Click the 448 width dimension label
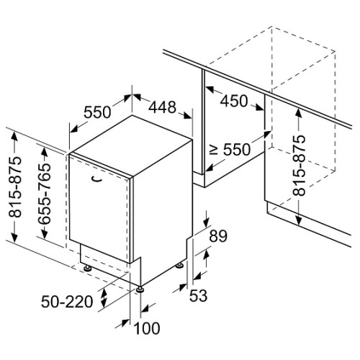click(162, 107)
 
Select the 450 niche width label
click(234, 101)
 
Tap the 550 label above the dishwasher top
click(97, 112)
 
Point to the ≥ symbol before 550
click(214, 150)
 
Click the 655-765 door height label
click(45, 194)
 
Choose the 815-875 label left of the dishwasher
click(15, 187)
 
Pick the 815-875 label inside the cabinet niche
click(299, 166)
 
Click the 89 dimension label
click(218, 236)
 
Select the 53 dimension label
click(198, 295)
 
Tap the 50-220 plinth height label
click(67, 302)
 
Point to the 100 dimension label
click(147, 328)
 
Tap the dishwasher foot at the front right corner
click(140, 290)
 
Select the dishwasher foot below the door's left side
click(87, 268)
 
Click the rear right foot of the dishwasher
click(179, 265)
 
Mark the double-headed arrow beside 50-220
click(104, 298)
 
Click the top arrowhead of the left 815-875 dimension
click(14, 136)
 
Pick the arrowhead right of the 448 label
click(187, 115)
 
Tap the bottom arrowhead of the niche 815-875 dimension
click(298, 220)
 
